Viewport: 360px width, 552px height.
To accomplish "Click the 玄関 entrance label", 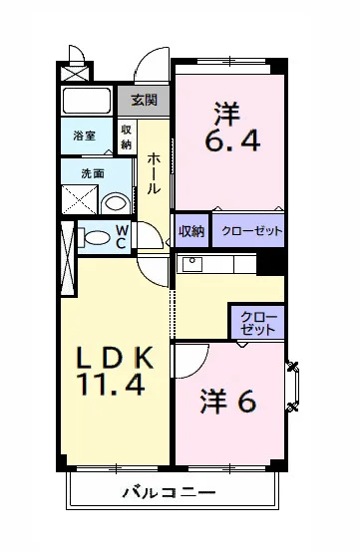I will [144, 100].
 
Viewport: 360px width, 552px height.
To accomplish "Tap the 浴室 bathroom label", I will [84, 137].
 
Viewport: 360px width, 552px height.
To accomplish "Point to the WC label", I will [120, 236].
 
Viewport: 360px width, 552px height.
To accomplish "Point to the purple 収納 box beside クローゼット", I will [191, 231].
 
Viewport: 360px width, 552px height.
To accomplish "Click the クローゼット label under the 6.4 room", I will [247, 231].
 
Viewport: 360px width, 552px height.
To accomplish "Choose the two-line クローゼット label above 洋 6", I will [258, 322].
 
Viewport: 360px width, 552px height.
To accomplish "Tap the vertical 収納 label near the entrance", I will [127, 136].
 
